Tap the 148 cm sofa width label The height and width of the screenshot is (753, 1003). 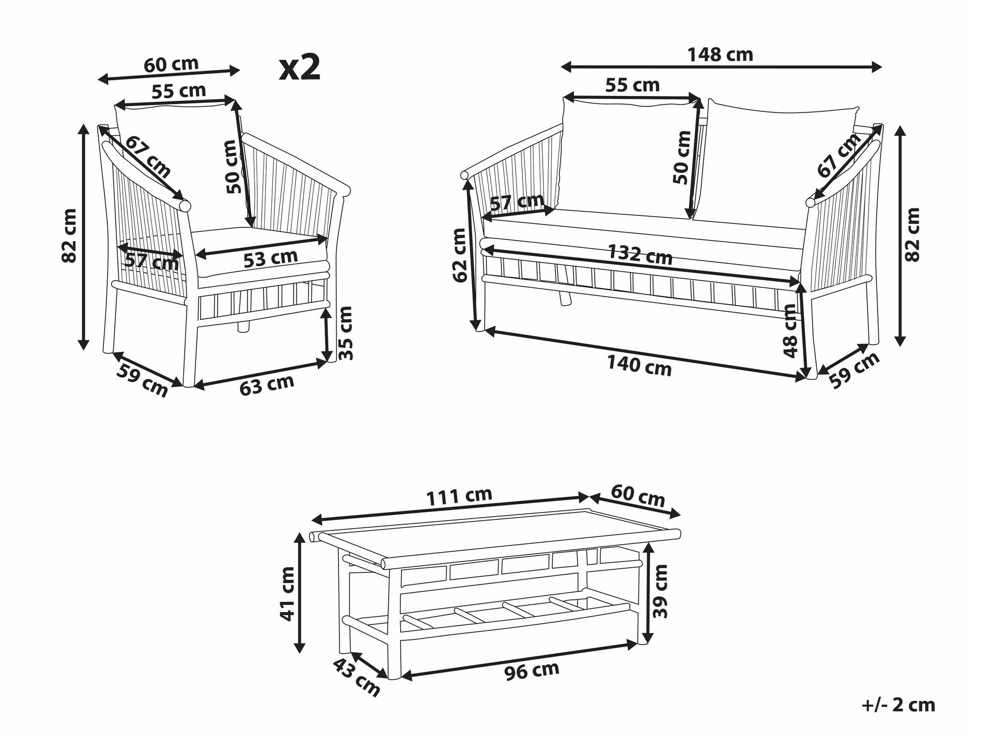click(720, 55)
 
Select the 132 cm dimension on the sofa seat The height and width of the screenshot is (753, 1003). click(640, 254)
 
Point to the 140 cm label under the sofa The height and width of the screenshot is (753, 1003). click(639, 365)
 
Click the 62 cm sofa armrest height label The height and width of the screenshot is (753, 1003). click(459, 255)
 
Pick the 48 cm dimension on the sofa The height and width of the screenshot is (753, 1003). click(789, 331)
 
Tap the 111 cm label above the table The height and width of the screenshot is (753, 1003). click(459, 496)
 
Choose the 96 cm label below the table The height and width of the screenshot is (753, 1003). click(532, 670)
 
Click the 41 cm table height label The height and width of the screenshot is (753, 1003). click(288, 593)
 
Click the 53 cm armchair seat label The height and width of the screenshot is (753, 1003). click(271, 258)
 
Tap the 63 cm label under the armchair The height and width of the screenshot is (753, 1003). click(266, 385)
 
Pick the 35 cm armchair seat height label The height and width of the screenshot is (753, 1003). click(346, 333)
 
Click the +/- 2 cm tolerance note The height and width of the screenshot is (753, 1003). click(899, 705)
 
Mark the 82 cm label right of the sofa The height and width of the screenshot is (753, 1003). click(913, 234)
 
